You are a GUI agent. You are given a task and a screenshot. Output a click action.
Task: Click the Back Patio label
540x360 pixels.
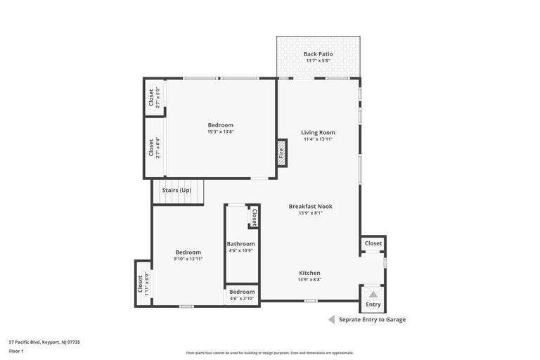pyautogui.click(x=318, y=54)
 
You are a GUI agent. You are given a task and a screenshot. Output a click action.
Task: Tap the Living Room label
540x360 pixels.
pyautogui.click(x=318, y=132)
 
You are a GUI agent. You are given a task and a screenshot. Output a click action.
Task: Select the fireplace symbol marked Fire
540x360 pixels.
pyautogui.click(x=281, y=153)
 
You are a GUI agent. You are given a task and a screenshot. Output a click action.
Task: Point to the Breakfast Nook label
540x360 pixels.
pyautogui.click(x=310, y=206)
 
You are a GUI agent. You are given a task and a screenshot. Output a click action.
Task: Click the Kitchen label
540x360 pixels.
pyautogui.click(x=309, y=273)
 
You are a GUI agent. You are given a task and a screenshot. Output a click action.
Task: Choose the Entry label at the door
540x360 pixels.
pyautogui.click(x=373, y=304)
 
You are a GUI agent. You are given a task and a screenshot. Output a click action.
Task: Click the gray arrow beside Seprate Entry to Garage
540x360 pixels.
pyautogui.click(x=331, y=319)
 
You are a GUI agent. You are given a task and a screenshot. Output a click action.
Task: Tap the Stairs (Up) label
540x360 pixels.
pyautogui.click(x=176, y=190)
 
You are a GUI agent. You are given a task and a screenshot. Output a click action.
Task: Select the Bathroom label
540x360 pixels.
pyautogui.click(x=240, y=244)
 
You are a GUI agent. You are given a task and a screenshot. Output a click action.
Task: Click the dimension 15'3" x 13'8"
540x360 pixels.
pyautogui.click(x=220, y=131)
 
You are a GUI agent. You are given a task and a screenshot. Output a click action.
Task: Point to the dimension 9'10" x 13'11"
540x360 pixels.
pyautogui.click(x=188, y=259)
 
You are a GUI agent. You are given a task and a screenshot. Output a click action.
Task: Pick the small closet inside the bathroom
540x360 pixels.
pyautogui.click(x=254, y=217)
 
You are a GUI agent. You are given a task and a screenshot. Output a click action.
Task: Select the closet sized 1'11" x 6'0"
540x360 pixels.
pyautogui.click(x=143, y=283)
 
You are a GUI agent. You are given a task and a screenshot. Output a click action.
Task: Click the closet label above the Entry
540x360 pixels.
pyautogui.click(x=373, y=243)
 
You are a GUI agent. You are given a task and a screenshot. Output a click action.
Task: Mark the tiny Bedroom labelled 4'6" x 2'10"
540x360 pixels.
pyautogui.click(x=242, y=295)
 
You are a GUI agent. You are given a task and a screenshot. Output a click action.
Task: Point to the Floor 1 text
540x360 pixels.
pyautogui.click(x=16, y=351)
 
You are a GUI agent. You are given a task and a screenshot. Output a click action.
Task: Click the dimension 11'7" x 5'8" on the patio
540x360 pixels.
pyautogui.click(x=318, y=60)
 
